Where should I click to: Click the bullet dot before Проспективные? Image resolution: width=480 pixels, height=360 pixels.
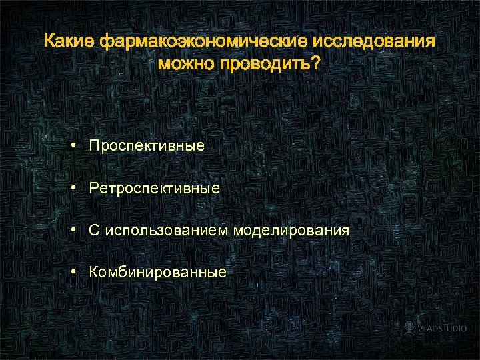(78, 145)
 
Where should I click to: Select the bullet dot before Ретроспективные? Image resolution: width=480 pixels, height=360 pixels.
(78, 189)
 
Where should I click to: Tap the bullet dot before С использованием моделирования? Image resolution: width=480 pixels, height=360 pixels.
(78, 231)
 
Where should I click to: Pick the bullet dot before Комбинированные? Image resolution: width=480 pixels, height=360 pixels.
(78, 273)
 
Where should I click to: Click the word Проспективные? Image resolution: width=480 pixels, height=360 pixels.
(147, 145)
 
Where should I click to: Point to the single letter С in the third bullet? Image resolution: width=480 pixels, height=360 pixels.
(95, 231)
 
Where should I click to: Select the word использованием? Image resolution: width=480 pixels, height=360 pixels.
(165, 231)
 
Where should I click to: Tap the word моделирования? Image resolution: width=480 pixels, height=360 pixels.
(291, 231)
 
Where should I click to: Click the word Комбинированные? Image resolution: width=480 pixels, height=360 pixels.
(158, 273)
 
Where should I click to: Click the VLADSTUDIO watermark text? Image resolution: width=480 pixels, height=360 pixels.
(443, 329)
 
